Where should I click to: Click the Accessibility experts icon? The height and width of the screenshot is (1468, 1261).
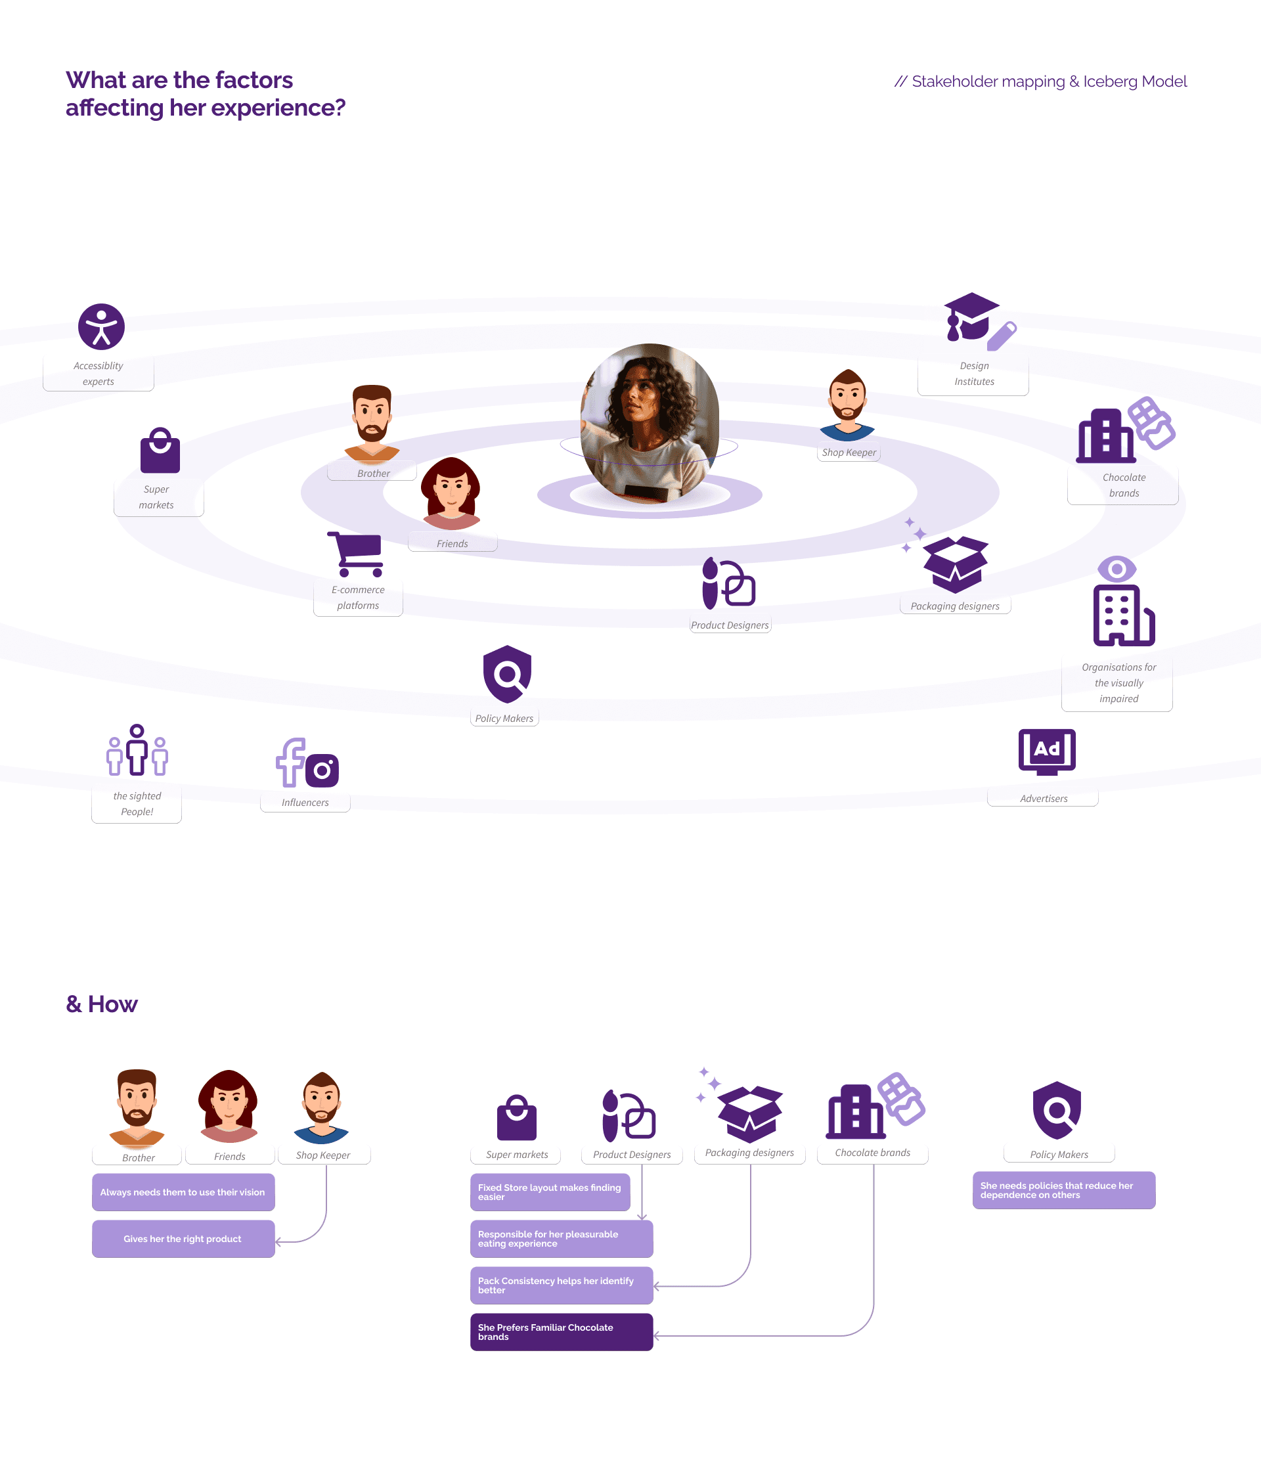(101, 326)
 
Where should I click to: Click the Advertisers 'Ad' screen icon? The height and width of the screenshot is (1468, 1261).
(1046, 749)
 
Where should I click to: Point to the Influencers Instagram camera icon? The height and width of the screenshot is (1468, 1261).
(322, 770)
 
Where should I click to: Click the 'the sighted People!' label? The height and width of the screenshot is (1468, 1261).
(137, 803)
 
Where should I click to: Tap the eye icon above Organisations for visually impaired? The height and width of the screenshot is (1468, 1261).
(1117, 569)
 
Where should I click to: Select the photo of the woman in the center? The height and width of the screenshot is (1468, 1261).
(650, 424)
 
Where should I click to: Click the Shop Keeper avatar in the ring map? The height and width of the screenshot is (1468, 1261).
(847, 405)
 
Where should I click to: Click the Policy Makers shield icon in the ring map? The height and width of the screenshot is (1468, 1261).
(506, 674)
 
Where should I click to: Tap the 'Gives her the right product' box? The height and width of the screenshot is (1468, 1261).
(183, 1239)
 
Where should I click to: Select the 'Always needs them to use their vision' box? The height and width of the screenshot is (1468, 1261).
(183, 1192)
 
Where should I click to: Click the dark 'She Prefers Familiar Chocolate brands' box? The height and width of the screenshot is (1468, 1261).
(561, 1332)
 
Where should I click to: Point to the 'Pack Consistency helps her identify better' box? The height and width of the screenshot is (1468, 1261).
(561, 1285)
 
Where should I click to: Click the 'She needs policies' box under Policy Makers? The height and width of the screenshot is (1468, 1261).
(1063, 1190)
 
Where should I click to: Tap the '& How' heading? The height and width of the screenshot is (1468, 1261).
(102, 1004)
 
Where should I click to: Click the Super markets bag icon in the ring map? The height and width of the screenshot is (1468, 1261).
(160, 451)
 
